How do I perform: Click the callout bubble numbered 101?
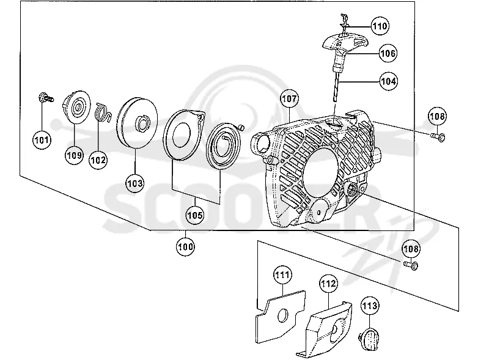tap(42, 140)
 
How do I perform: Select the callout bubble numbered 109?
tap(74, 155)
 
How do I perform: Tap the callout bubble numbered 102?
tap(98, 160)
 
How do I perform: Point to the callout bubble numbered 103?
tap(134, 183)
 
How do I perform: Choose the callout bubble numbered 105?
tap(195, 215)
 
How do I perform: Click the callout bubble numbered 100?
tap(185, 247)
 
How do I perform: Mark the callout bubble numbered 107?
tap(289, 98)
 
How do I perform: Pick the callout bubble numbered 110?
tap(380, 26)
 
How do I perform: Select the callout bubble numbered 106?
tap(388, 53)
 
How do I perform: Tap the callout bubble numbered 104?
tap(389, 81)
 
